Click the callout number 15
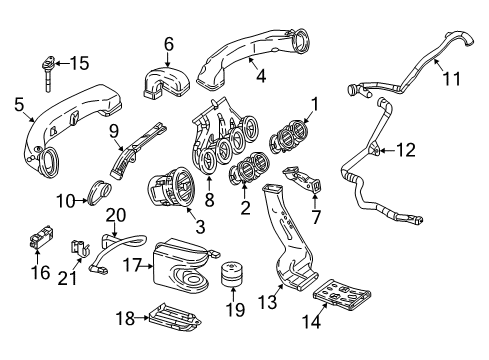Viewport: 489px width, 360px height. (79, 63)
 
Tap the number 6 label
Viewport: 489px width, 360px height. (169, 44)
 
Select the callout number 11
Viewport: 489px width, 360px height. (452, 79)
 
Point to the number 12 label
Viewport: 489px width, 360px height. (406, 150)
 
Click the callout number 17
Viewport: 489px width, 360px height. (133, 265)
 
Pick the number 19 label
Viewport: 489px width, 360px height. (235, 310)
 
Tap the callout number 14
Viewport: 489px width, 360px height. (311, 322)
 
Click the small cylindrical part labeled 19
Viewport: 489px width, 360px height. (232, 273)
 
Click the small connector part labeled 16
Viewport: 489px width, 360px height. (42, 237)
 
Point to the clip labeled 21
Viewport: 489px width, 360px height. (80, 249)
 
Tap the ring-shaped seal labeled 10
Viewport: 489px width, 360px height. (99, 192)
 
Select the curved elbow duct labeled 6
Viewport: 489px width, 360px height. (167, 83)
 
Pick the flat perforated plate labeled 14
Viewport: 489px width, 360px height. (342, 295)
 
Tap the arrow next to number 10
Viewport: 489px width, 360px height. (82, 200)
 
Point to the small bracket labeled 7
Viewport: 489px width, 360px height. (303, 179)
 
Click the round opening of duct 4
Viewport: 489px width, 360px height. (301, 41)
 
